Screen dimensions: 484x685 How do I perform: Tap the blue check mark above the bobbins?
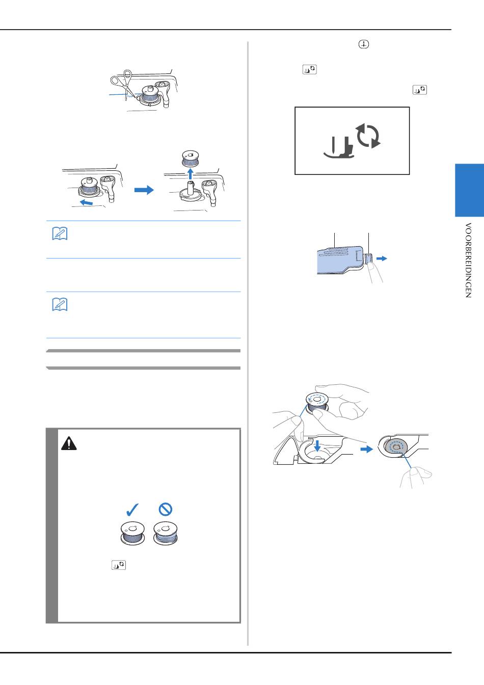point(132,510)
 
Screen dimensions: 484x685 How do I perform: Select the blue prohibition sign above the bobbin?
point(166,509)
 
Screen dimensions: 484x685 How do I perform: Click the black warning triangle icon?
point(69,443)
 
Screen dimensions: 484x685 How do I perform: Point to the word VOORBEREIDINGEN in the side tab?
point(468,260)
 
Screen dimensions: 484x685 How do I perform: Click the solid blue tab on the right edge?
point(469,190)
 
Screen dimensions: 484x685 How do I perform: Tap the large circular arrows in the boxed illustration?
point(368,136)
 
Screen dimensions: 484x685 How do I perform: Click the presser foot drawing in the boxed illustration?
point(339,147)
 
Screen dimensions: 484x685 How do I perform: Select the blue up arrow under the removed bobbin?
point(191,173)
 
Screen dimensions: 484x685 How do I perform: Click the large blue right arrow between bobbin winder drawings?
point(144,190)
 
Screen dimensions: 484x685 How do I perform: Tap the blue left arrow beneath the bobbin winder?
point(86,202)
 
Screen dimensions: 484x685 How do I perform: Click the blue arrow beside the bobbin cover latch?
point(382,259)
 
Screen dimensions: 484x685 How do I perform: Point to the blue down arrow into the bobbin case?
point(318,446)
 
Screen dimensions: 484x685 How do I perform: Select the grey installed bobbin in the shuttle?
point(396,448)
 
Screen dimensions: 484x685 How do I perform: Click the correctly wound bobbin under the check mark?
point(132,533)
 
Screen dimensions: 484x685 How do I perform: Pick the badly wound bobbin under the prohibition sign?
point(166,533)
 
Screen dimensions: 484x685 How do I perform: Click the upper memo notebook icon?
point(60,234)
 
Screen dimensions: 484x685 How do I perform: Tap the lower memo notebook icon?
point(60,305)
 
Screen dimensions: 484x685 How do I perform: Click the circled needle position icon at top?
point(364,44)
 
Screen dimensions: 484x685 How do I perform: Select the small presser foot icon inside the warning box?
point(119,565)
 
